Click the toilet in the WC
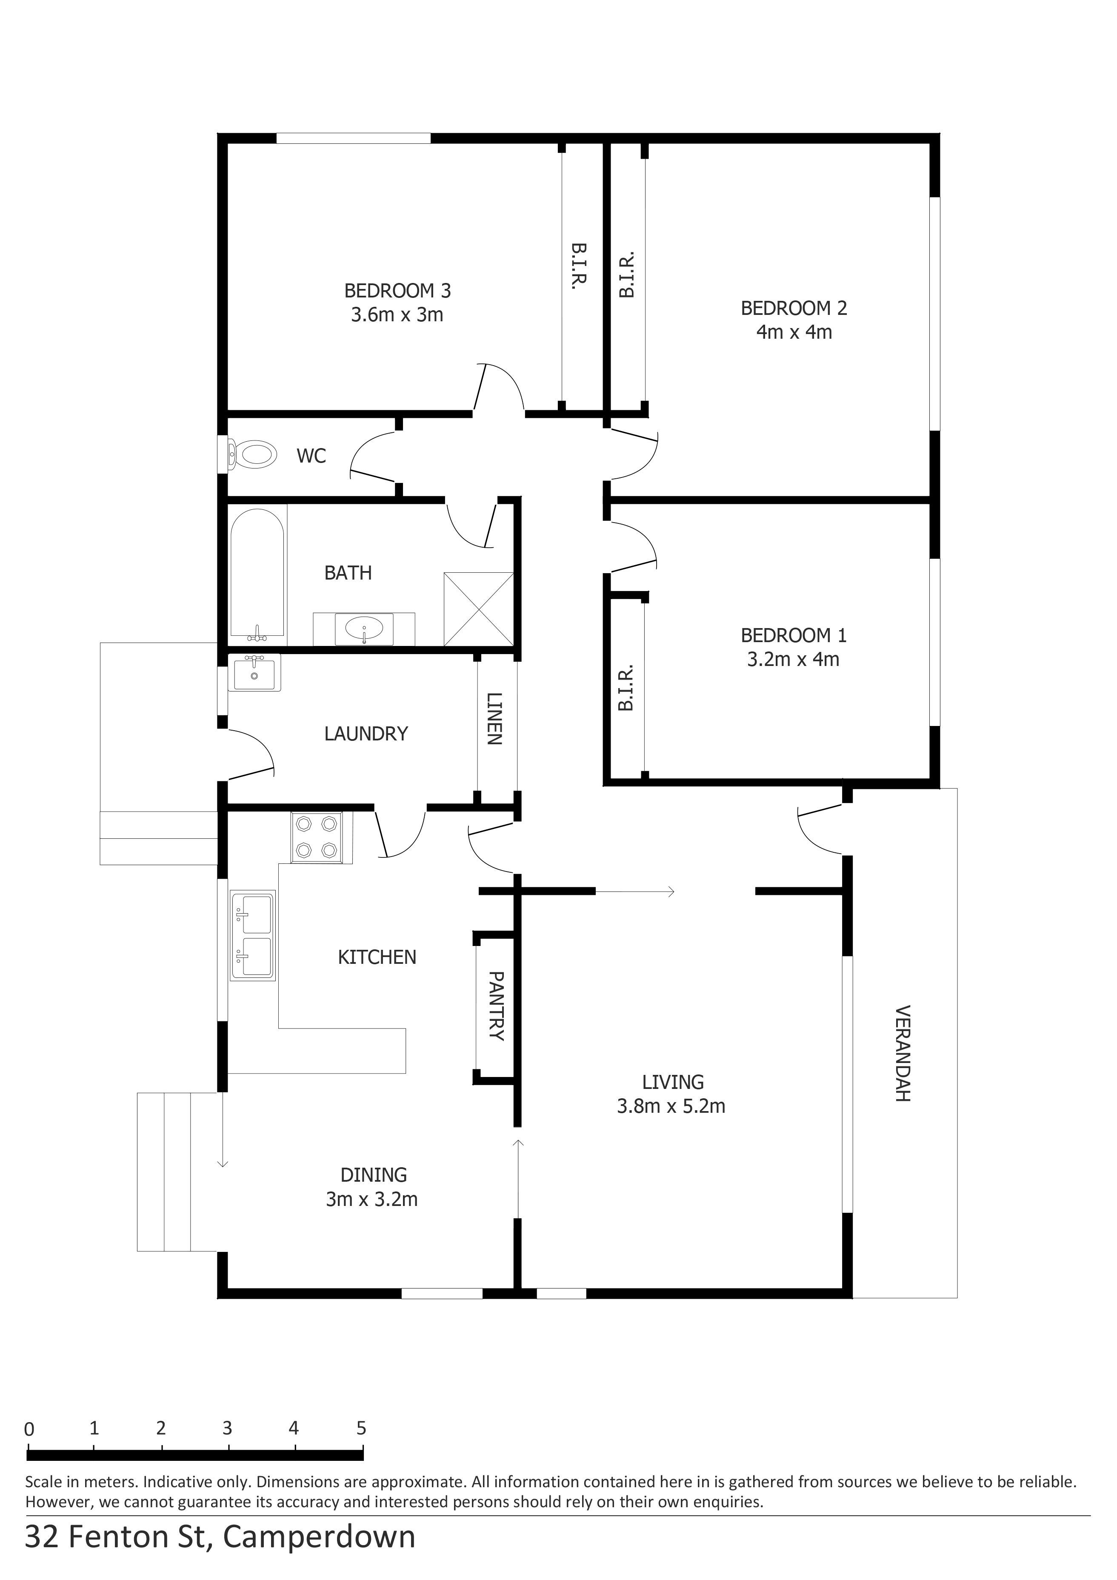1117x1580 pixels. coord(253,454)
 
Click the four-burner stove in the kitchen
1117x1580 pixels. coord(317,837)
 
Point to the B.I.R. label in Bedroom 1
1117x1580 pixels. coord(626,688)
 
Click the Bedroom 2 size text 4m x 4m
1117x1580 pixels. coord(794,332)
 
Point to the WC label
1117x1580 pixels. coord(311,456)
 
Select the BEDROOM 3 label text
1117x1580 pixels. coord(398,291)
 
